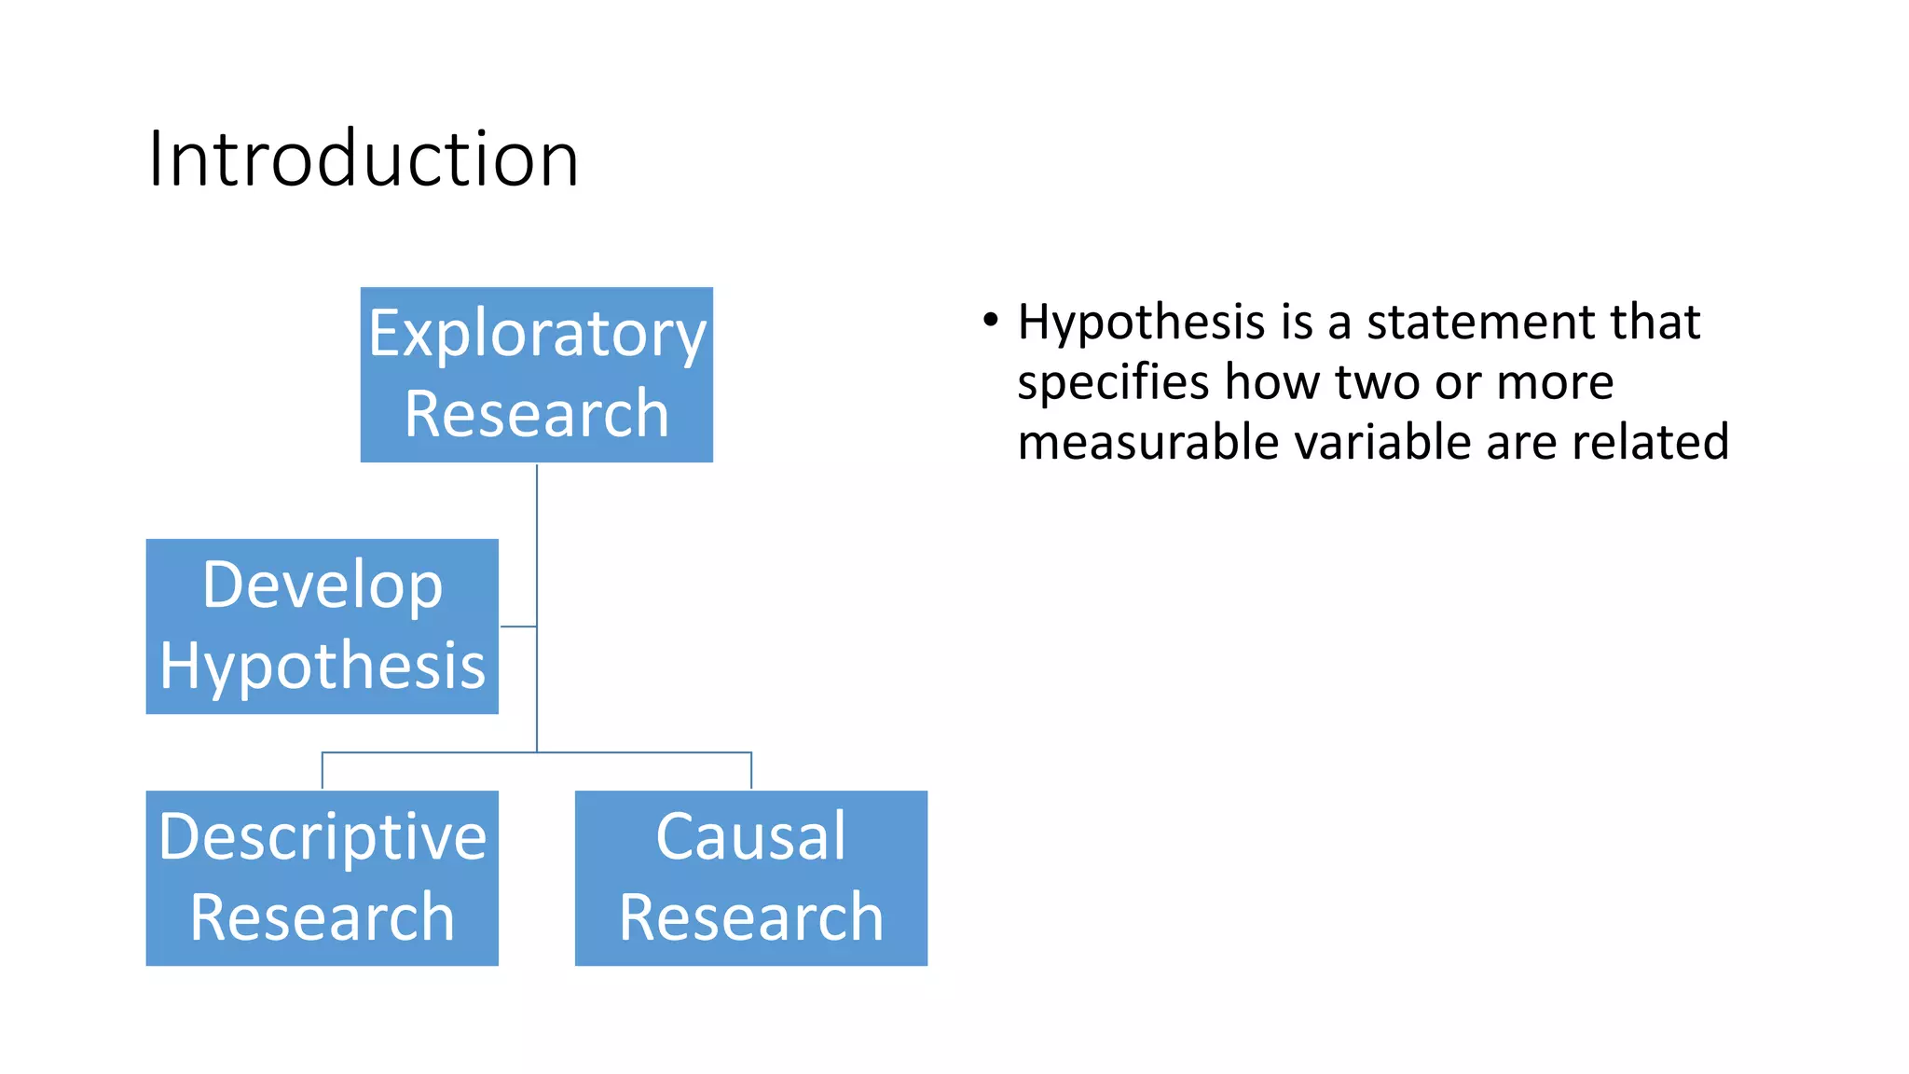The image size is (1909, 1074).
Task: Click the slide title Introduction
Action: pos(364,158)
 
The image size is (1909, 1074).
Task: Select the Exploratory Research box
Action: pos(537,375)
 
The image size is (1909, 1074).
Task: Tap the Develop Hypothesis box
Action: pos(323,626)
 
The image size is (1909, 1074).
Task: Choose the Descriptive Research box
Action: pos(323,878)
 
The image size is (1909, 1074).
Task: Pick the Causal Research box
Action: pos(751,878)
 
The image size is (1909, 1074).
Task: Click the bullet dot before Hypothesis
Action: pos(990,321)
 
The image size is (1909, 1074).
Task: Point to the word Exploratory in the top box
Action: pos(537,334)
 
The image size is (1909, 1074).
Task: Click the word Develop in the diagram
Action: pos(323,585)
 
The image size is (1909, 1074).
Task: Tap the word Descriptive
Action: pos(323,837)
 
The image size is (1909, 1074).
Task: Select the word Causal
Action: pos(751,835)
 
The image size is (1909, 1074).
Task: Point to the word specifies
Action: pos(1113,382)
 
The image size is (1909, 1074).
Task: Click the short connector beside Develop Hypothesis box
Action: pos(518,626)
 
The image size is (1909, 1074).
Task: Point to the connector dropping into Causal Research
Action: pos(751,771)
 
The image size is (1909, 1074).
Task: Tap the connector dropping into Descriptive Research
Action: pos(323,771)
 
